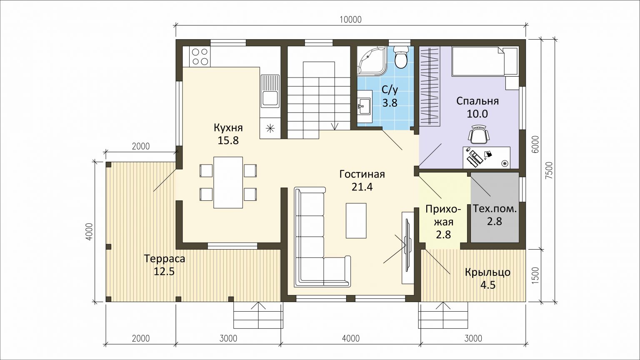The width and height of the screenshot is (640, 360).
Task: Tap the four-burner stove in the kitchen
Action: [x=200, y=57]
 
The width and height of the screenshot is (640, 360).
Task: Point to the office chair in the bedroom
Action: [x=479, y=134]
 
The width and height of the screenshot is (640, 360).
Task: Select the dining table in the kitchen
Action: [x=228, y=182]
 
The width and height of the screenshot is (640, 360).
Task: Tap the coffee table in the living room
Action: [x=356, y=220]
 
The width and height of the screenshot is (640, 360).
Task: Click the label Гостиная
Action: [x=362, y=174]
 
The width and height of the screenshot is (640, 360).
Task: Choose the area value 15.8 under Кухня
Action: [x=228, y=140]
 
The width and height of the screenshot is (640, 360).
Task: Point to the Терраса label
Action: [x=165, y=259]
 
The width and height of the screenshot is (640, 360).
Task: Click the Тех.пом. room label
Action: [x=495, y=209]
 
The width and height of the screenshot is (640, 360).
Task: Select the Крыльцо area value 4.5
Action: [x=488, y=285]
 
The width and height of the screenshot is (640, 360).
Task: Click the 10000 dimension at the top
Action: [x=350, y=20]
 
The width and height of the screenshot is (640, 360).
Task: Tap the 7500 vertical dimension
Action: [x=549, y=170]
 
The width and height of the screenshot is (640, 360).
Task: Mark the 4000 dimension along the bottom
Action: [x=351, y=339]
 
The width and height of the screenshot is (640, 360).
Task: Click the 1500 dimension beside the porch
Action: [x=535, y=275]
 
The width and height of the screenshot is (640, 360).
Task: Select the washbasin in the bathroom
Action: [x=365, y=106]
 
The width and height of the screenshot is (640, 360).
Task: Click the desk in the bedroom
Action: [x=486, y=158]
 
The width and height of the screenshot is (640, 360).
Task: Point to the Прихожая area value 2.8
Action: [x=443, y=235]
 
